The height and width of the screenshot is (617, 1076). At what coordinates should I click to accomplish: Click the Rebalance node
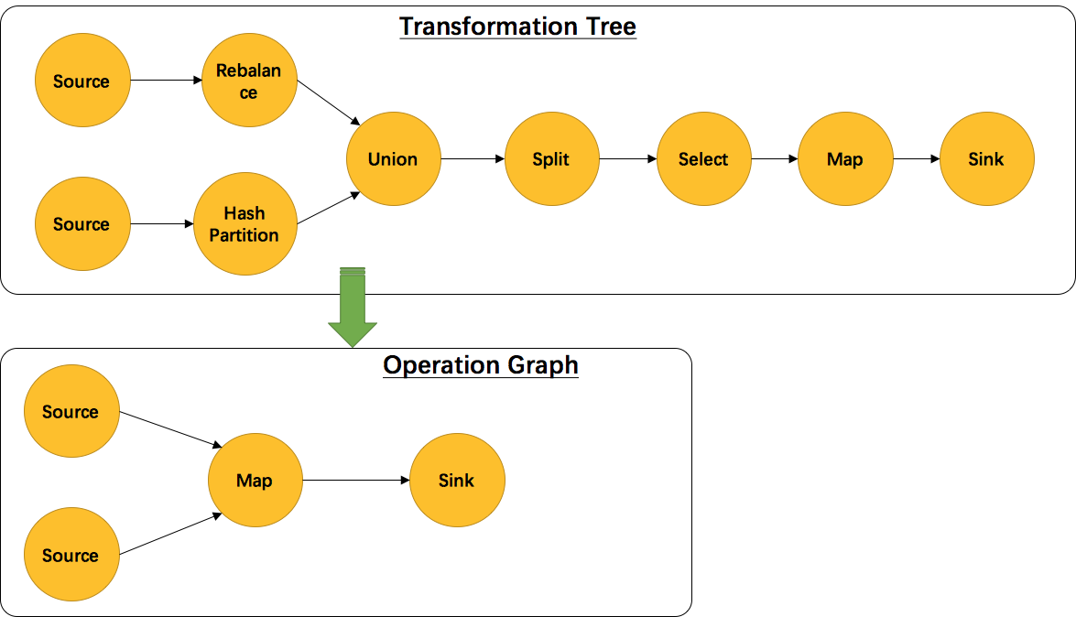point(249,81)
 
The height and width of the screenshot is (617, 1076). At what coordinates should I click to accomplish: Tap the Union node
point(393,159)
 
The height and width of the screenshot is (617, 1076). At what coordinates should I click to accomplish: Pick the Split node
point(551,159)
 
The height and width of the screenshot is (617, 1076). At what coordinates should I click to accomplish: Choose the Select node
point(703,159)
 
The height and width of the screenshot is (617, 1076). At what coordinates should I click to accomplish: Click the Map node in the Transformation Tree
point(844,159)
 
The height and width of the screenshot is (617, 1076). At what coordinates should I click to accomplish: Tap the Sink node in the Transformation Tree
point(986,159)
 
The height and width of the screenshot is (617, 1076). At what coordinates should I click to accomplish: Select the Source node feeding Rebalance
point(82,81)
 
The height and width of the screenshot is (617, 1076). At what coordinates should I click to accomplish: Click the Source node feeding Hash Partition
point(82,224)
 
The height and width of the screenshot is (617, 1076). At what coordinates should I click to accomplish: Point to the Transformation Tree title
point(517,26)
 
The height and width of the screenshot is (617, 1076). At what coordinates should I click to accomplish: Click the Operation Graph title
point(481,365)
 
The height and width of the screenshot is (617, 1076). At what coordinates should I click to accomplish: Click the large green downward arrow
point(353,308)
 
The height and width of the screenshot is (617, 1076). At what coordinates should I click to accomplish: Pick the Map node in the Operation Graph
point(255,481)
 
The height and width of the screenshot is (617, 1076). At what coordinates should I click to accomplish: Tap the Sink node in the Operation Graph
point(456,481)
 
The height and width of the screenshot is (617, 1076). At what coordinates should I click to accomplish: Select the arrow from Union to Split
point(473,159)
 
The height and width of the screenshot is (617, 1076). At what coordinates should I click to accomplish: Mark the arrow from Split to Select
point(627,159)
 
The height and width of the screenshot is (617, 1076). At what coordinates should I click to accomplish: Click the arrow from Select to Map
point(775,159)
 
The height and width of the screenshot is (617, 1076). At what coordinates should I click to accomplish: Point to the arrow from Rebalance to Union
point(328,103)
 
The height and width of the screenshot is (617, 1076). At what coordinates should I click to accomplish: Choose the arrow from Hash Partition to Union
point(327,209)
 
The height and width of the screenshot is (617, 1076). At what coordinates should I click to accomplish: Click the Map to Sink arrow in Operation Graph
point(355,481)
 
